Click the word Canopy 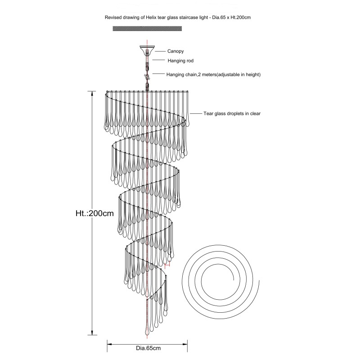[x=175, y=51]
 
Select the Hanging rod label [x=180, y=61]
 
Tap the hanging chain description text [x=213, y=74]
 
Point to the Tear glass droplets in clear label [x=232, y=113]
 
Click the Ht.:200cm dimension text [x=94, y=213]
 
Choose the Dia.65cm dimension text [x=148, y=348]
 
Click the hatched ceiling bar [x=147, y=28]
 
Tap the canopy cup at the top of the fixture [x=147, y=50]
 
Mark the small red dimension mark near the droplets [x=167, y=265]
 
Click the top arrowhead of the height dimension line [x=92, y=94]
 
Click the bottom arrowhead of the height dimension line [x=92, y=333]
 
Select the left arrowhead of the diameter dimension [x=110, y=344]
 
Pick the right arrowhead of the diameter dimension [x=185, y=344]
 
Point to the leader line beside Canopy [x=160, y=51]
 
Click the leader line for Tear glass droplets [x=196, y=113]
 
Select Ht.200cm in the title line [x=241, y=18]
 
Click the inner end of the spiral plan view [x=234, y=279]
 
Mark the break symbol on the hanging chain [x=147, y=76]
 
